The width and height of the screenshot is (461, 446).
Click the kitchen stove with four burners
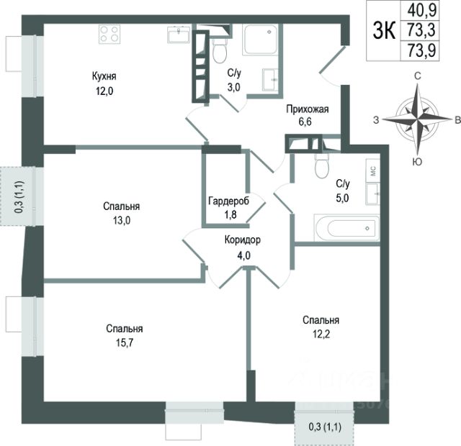click(x=109, y=35)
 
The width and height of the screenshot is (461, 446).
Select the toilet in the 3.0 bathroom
click(x=219, y=50)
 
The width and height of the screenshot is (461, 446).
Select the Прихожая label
click(x=307, y=109)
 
